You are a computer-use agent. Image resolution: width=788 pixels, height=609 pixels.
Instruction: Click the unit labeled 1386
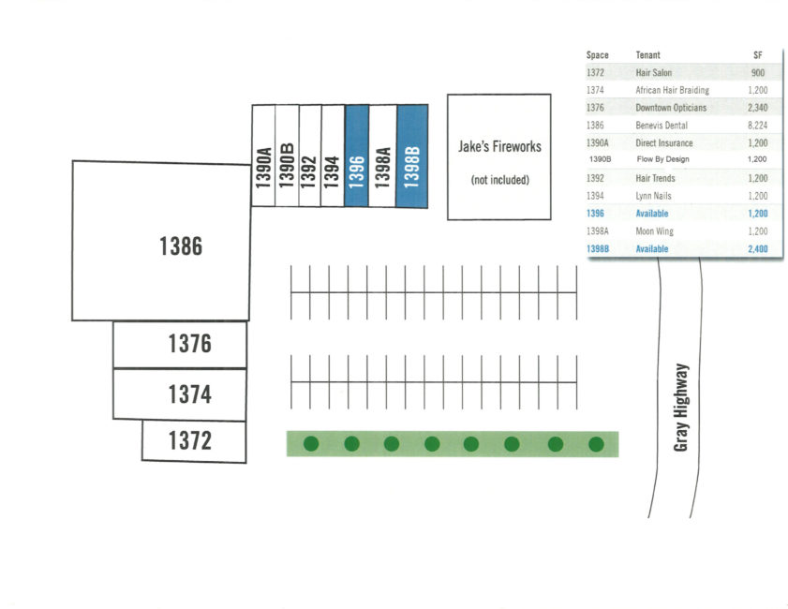point(161,241)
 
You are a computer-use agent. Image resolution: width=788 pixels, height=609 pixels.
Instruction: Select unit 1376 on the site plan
point(180,345)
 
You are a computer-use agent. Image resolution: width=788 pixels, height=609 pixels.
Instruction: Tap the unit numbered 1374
point(179,394)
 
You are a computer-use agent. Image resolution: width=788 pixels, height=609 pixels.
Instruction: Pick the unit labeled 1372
point(194,441)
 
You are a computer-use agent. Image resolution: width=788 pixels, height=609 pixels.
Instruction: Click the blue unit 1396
point(357,156)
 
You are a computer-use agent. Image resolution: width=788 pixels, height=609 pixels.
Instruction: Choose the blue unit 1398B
point(412,156)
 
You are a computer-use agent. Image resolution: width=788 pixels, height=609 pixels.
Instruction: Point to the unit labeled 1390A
point(263,156)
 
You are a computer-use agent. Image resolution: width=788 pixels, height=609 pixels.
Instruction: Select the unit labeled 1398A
point(383,156)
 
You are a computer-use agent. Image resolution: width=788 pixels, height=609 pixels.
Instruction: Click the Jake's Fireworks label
point(499,147)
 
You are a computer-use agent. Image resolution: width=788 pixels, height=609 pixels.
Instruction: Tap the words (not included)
point(500,180)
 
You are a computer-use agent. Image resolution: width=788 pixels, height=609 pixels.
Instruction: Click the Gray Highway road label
point(681,408)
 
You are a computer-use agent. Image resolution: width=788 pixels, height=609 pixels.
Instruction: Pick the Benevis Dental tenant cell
point(662,126)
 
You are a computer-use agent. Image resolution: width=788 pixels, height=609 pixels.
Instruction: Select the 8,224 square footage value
point(757,126)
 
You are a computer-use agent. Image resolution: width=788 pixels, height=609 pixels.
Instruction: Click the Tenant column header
point(647,54)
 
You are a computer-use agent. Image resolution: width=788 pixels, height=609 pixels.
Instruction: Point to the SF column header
point(758,54)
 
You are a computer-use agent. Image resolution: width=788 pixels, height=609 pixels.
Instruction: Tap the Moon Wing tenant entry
point(654,231)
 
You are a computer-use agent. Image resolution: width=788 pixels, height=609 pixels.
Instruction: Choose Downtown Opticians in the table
point(671,108)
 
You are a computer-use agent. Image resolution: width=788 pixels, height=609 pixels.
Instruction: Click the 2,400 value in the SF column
point(757,248)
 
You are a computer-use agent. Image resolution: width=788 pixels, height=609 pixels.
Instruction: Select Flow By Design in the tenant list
point(662,159)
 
